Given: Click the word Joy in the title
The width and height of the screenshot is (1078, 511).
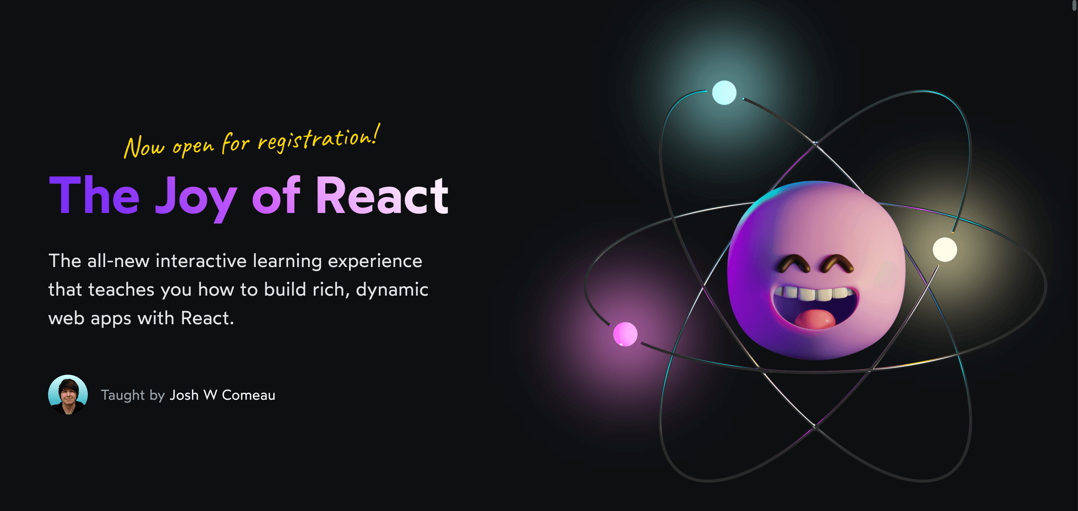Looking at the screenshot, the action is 196,198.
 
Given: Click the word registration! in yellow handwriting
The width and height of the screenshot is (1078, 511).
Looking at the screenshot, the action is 319,138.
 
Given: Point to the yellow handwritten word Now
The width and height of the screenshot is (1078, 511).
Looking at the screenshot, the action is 144,147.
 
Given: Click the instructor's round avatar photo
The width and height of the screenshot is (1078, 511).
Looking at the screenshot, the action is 68,395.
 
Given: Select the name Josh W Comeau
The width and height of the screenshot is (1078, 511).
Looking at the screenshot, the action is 222,395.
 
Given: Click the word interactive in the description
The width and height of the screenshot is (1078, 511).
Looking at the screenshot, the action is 201,261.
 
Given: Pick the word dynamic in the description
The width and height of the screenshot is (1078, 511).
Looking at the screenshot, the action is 392,290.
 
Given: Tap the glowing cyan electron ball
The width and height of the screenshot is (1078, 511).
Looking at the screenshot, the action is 724,93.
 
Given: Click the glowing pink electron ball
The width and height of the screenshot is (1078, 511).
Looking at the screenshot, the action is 625,334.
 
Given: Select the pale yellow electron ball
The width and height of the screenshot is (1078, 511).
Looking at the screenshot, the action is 945,250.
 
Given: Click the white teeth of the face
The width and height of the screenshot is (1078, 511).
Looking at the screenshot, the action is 814,293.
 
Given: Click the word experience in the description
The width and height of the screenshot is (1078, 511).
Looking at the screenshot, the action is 375,261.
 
